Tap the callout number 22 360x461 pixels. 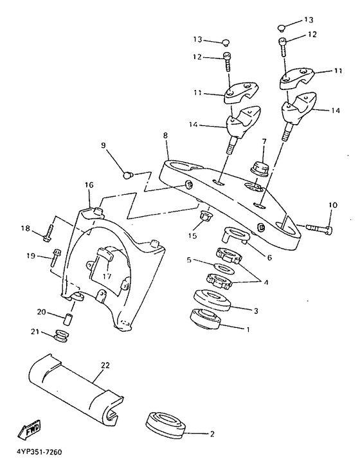click(x=105, y=365)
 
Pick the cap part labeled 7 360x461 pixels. click(x=260, y=169)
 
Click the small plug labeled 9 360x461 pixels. click(x=127, y=176)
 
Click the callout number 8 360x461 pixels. click(x=165, y=136)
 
